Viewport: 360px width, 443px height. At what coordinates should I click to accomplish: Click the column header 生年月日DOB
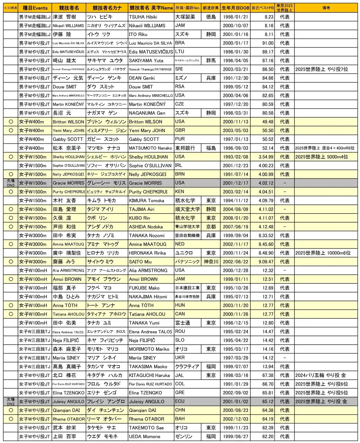tap(235, 8)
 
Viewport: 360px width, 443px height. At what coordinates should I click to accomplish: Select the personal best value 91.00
tap(268, 43)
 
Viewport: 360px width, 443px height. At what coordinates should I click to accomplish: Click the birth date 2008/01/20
tap(235, 218)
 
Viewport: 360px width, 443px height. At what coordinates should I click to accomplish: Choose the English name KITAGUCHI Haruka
tap(149, 375)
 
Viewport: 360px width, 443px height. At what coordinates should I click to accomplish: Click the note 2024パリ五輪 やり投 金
tap(321, 375)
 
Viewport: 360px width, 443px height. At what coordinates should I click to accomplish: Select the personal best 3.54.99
tap(265, 157)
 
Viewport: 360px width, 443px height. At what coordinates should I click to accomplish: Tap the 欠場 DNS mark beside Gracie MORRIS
tap(11, 183)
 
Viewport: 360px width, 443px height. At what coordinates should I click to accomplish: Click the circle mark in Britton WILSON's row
tap(11, 121)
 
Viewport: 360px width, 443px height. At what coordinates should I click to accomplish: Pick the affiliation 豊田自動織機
tap(187, 235)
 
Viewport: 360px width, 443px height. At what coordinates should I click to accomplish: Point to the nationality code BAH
tap(180, 419)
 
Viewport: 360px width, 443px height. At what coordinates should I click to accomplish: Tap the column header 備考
tap(326, 8)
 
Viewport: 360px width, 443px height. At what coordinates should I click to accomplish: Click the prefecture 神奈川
tap(211, 262)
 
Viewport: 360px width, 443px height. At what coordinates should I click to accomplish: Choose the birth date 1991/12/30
tap(235, 78)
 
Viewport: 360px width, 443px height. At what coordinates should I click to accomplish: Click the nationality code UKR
tap(180, 358)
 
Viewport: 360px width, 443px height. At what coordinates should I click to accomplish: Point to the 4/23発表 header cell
tap(11, 8)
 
